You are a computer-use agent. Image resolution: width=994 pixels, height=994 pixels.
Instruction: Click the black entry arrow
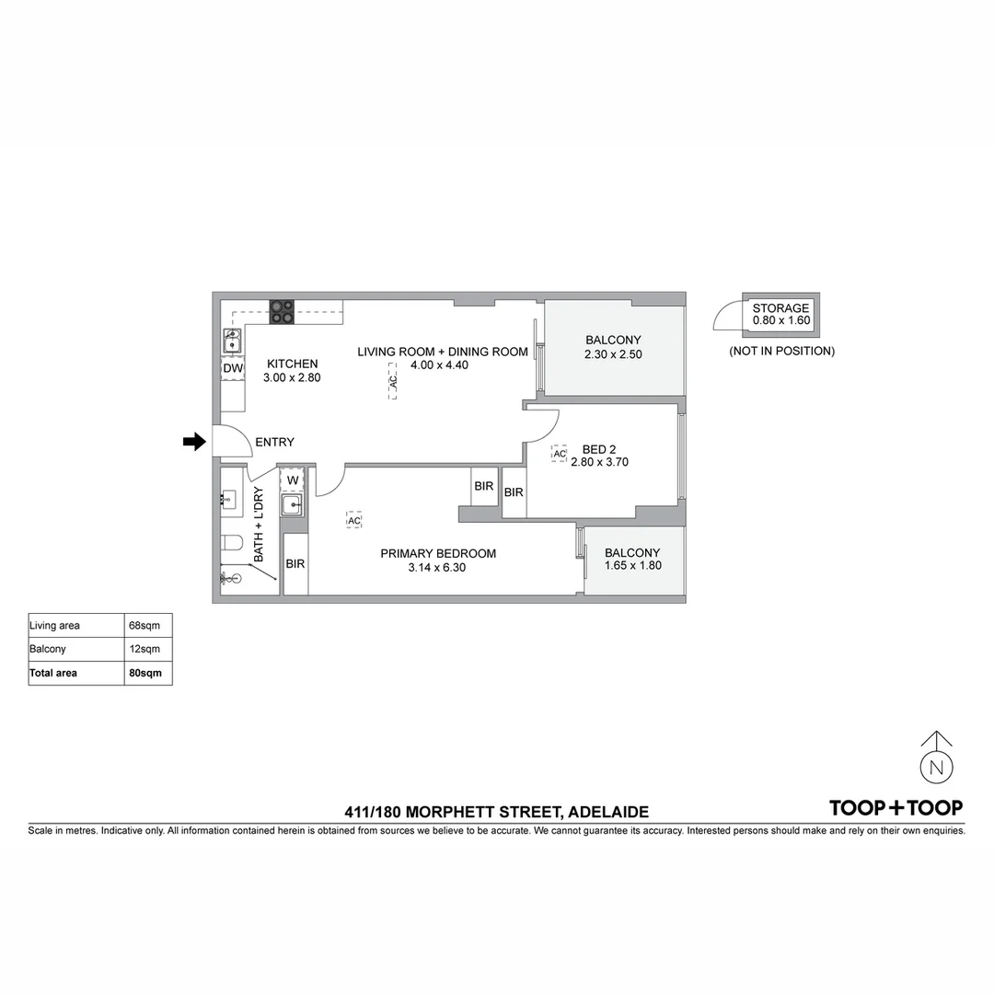[x=194, y=442]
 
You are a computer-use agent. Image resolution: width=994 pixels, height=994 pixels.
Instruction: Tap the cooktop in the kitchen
[x=282, y=312]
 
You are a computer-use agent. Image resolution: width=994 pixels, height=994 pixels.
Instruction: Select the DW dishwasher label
[x=233, y=369]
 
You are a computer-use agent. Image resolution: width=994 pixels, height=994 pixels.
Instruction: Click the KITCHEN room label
[x=292, y=364]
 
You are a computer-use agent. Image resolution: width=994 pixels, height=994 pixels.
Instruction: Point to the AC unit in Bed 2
[x=559, y=454]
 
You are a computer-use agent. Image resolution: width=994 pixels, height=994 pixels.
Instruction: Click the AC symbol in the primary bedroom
[x=354, y=521]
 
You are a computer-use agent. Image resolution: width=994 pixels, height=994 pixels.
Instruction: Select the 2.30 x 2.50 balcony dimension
[x=613, y=354]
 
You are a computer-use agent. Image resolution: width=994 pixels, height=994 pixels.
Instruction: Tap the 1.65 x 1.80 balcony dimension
[x=632, y=566]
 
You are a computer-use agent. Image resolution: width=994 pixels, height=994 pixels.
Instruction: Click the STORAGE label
[x=780, y=308]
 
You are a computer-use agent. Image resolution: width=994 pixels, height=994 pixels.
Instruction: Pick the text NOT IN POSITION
[x=781, y=351]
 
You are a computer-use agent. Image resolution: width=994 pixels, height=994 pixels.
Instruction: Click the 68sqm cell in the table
[x=145, y=626]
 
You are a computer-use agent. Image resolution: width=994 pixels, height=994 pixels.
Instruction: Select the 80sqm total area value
[x=145, y=673]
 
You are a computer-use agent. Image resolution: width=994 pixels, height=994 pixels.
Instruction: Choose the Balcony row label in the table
[x=48, y=649]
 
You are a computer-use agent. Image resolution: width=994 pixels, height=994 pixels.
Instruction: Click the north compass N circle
[x=936, y=767]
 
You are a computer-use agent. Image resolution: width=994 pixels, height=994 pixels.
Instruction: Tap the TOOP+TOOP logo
[x=896, y=808]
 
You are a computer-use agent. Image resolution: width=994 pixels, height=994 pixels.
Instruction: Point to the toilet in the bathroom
[x=231, y=542]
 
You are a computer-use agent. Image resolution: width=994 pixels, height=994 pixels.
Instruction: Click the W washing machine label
[x=292, y=480]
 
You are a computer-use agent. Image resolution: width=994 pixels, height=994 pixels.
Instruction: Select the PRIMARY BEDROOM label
[x=438, y=553]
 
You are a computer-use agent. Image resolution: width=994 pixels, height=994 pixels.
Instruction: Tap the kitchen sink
[x=232, y=343]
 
